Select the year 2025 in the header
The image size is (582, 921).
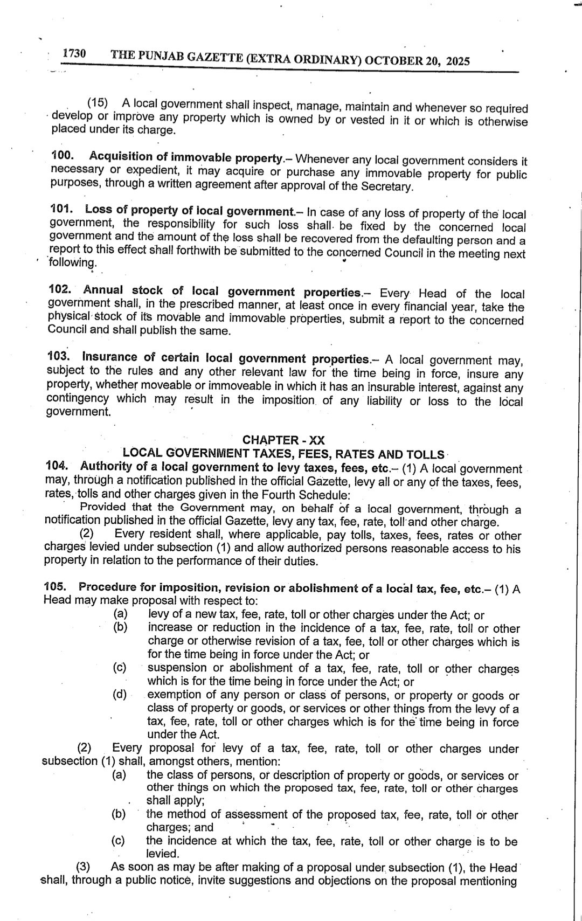tap(458, 61)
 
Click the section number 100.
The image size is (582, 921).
tap(62, 156)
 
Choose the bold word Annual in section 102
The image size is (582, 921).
tap(103, 292)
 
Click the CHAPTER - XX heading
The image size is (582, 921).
tap(284, 440)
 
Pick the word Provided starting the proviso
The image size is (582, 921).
tap(102, 507)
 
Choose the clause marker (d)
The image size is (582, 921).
tap(120, 694)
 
